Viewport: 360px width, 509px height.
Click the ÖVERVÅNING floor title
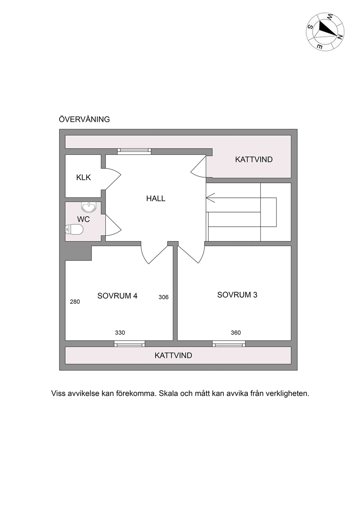point(84,119)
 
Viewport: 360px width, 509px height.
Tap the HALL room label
point(156,198)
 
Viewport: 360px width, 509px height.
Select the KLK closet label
point(83,177)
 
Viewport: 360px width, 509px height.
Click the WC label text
point(83,219)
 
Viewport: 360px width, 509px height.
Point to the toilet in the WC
point(74,229)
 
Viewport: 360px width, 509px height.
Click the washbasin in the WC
point(89,207)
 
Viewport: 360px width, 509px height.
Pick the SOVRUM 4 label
point(117,296)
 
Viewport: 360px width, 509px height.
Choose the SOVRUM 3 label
point(237,295)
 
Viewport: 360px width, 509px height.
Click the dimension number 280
point(75,302)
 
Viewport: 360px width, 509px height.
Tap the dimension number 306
point(163,297)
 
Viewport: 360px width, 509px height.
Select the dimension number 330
point(120,333)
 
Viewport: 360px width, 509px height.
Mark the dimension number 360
point(236,333)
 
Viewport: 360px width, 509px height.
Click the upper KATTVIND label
point(254,160)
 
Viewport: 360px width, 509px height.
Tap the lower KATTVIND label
point(173,356)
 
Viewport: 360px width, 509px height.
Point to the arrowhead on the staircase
point(210,198)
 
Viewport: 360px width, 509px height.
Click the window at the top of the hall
point(134,151)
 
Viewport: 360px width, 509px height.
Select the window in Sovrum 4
point(129,344)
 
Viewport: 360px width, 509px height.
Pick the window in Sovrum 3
point(229,344)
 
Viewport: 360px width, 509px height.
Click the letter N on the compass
point(340,37)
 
